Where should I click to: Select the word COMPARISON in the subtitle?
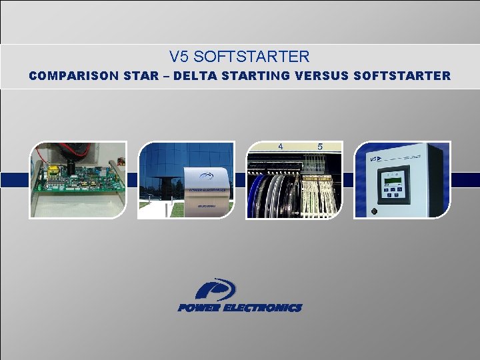pos(65,76)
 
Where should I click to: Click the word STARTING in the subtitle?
pos(255,76)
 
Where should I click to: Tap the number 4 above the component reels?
pos(281,146)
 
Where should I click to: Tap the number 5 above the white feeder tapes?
pos(320,146)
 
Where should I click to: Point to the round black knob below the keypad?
pos(375,211)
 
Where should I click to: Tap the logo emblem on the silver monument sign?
pos(207,176)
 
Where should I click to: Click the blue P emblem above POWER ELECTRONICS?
pos(215,289)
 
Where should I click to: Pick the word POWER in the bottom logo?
pos(199,308)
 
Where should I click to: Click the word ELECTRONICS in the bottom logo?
pos(263,308)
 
